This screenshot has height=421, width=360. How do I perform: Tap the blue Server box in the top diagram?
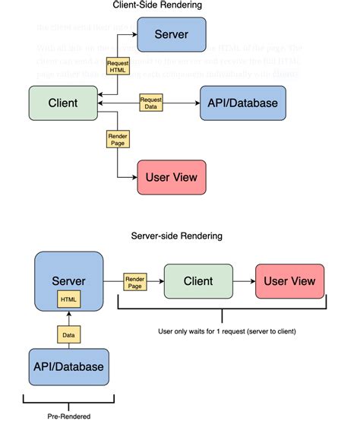click(x=171, y=35)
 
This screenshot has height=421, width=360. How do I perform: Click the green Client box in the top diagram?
click(x=64, y=103)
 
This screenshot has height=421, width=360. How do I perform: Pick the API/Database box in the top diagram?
click(x=242, y=103)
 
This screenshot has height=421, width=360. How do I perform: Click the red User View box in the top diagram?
click(x=171, y=178)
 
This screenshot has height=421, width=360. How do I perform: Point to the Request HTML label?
click(x=118, y=66)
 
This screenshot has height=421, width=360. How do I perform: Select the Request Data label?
click(x=150, y=103)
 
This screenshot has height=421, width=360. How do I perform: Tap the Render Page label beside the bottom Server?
click(x=134, y=282)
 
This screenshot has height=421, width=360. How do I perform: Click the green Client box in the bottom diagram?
click(x=197, y=282)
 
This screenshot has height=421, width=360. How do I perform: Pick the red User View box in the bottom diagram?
click(x=289, y=282)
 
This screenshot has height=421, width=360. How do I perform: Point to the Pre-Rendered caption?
click(x=68, y=416)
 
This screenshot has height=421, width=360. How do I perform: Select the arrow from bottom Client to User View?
click(x=243, y=282)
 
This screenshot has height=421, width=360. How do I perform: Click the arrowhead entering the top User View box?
click(x=133, y=178)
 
